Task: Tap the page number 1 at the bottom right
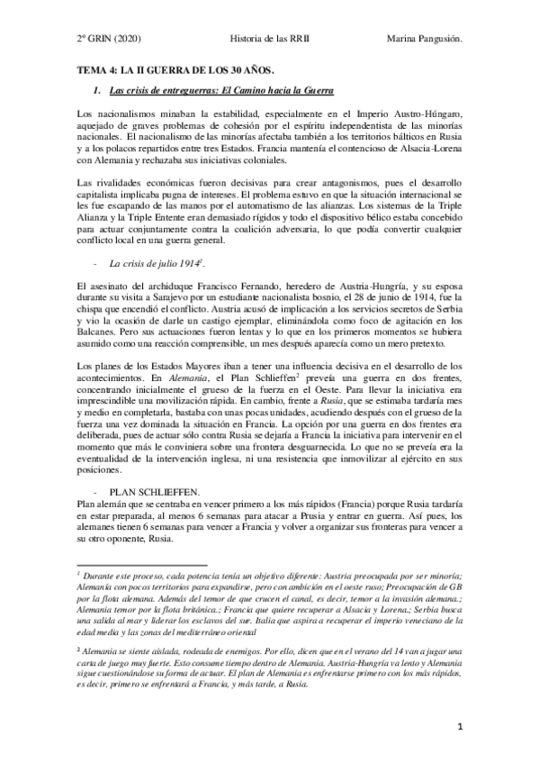[459, 725]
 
